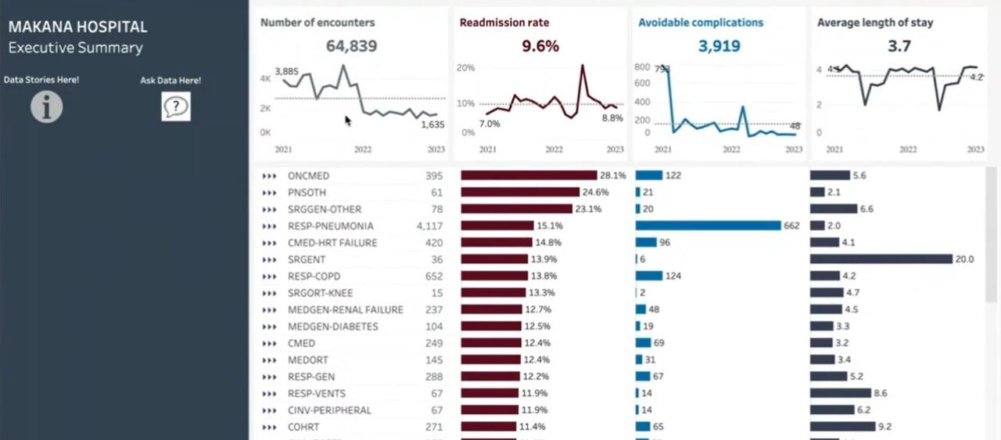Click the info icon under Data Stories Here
(x=47, y=106)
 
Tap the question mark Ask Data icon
(x=176, y=106)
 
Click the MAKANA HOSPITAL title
(x=77, y=27)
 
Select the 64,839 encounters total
(x=351, y=46)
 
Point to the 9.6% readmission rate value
(x=540, y=46)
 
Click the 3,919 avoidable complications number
(x=718, y=46)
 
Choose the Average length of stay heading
(x=874, y=23)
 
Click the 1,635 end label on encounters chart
(x=432, y=124)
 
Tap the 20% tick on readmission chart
(x=466, y=68)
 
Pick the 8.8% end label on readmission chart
(x=612, y=118)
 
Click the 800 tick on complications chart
(x=642, y=68)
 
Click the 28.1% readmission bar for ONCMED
(x=529, y=176)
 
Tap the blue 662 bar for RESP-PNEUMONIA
(x=708, y=225)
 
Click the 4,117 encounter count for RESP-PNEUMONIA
(x=429, y=226)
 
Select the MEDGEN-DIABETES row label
(x=332, y=326)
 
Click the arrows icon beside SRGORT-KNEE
(x=270, y=293)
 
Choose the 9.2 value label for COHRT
(x=884, y=427)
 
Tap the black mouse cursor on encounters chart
(x=348, y=120)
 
